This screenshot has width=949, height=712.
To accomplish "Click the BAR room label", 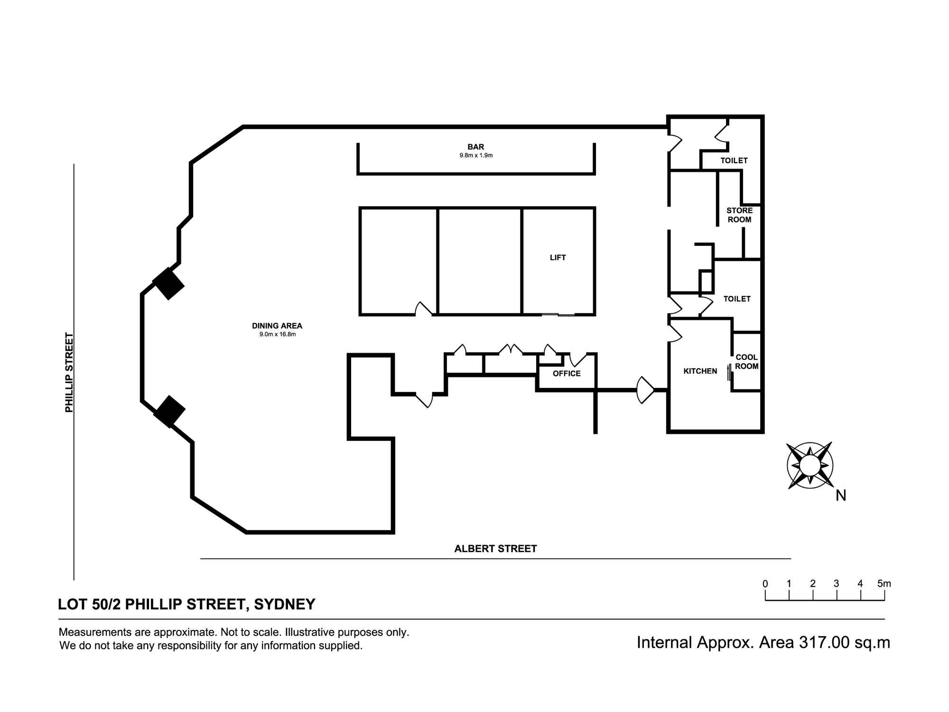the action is click(x=476, y=147).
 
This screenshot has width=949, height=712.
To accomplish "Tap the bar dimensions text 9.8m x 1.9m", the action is click(x=476, y=155).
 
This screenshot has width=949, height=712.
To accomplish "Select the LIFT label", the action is click(x=558, y=258).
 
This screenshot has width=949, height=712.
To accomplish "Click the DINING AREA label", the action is click(x=277, y=326).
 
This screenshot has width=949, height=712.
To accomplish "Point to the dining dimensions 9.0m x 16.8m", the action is click(x=277, y=334).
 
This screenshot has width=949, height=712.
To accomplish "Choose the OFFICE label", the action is click(x=567, y=374).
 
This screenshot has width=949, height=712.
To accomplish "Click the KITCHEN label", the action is click(x=700, y=371).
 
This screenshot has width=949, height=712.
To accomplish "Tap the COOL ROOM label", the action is click(x=747, y=362).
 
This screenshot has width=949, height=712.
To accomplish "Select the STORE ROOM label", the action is click(x=740, y=215).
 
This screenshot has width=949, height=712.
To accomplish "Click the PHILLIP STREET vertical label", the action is click(x=70, y=373).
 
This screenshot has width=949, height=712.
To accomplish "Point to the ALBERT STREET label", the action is click(x=495, y=549).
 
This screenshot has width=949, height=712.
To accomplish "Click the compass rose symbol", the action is click(x=810, y=465).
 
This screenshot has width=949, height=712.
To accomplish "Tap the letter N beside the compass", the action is click(x=841, y=496).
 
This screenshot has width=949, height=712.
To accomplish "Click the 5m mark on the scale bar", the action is click(x=884, y=584).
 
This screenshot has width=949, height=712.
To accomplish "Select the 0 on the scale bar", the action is click(x=765, y=584).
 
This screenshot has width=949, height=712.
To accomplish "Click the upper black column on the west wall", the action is click(x=168, y=284).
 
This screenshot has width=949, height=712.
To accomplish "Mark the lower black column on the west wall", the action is click(x=169, y=412).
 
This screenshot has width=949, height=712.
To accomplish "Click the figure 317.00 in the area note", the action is click(x=824, y=643).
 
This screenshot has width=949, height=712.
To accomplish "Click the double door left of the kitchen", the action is click(x=645, y=390).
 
